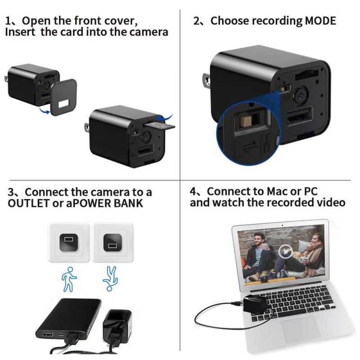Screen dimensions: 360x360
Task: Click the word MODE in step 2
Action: coord(320,21)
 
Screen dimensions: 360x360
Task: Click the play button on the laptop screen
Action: coord(285,252)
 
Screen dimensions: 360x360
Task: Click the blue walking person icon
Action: coord(69,279)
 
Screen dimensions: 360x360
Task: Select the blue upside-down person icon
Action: coord(110,279)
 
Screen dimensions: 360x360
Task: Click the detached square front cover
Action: coord(63,97)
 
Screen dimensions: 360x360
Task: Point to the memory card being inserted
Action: coord(161,126)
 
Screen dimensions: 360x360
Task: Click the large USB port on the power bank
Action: coord(48,334)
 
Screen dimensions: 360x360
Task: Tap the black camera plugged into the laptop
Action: coord(255,304)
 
